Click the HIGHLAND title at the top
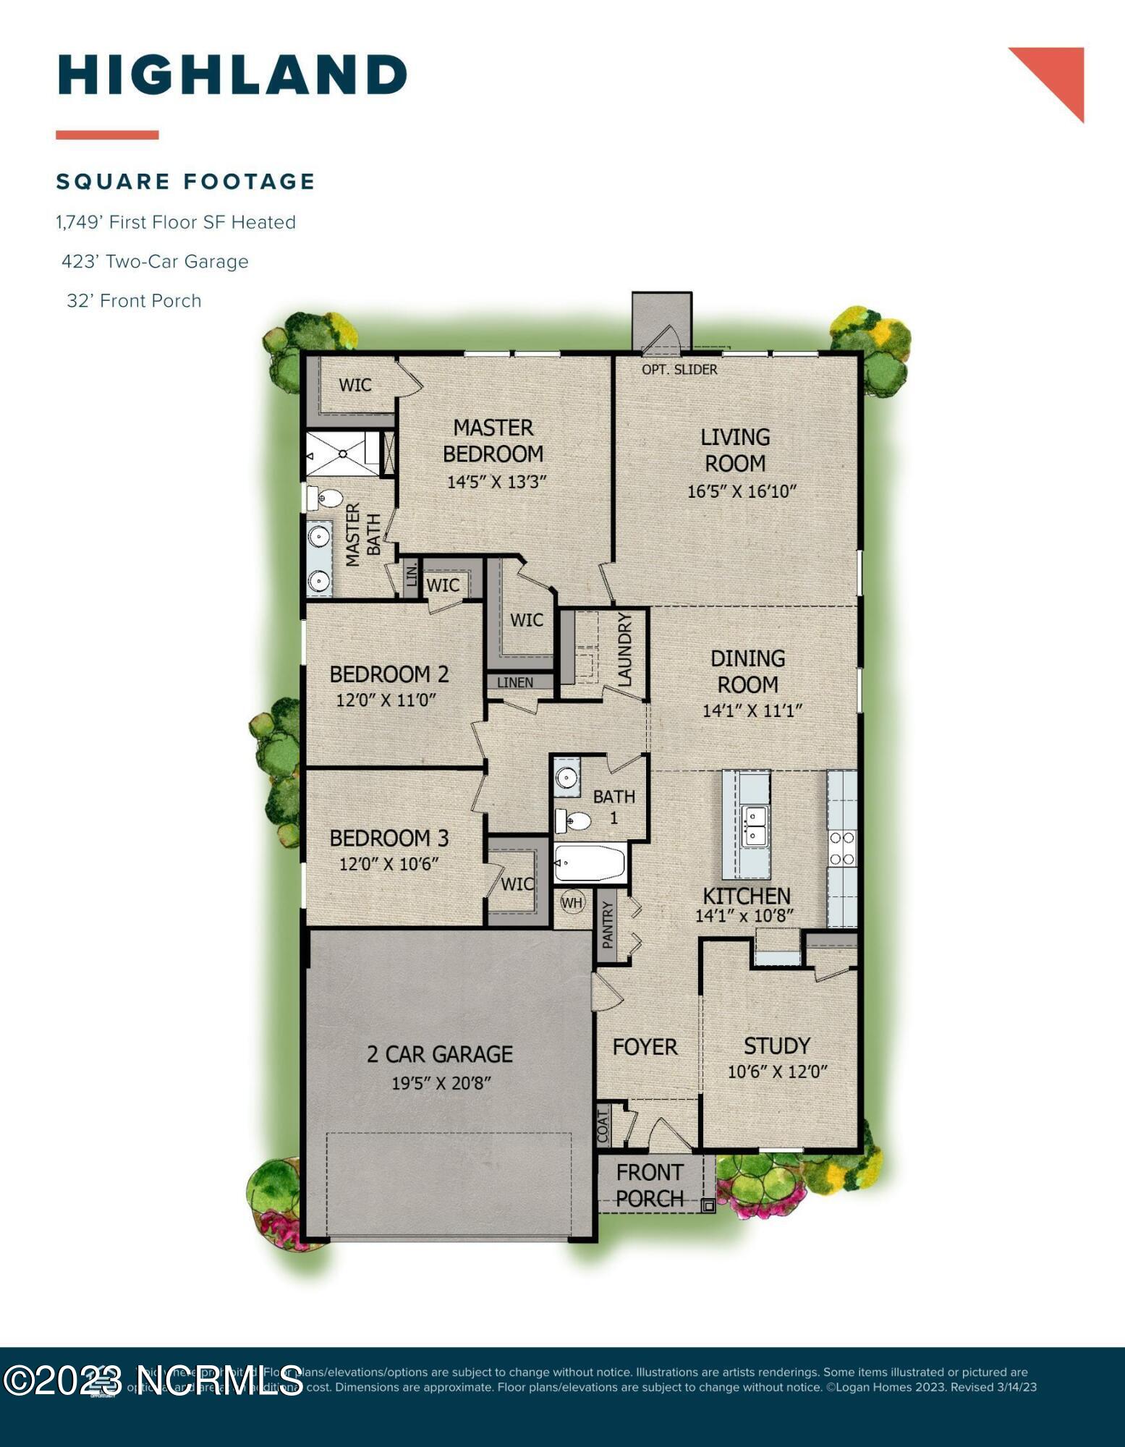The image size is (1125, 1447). pyautogui.click(x=232, y=75)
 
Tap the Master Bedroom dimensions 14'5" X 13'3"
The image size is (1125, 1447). pyautogui.click(x=496, y=482)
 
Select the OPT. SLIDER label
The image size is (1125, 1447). pyautogui.click(x=679, y=370)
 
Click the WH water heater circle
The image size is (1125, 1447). pyautogui.click(x=572, y=902)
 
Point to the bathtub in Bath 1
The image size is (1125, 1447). pyautogui.click(x=590, y=863)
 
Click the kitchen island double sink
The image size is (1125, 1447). pyautogui.click(x=753, y=826)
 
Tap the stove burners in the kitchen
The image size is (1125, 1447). pyautogui.click(x=842, y=848)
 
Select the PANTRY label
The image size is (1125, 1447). pyautogui.click(x=608, y=925)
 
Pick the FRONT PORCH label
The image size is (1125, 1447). pyautogui.click(x=650, y=1185)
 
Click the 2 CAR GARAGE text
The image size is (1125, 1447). pyautogui.click(x=440, y=1054)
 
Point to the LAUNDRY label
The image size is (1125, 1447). pyautogui.click(x=625, y=649)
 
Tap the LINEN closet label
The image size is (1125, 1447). pyautogui.click(x=515, y=682)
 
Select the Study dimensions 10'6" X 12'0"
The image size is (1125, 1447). pyautogui.click(x=777, y=1072)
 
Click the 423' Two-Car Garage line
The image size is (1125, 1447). pyautogui.click(x=155, y=261)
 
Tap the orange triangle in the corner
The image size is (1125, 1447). pyautogui.click(x=1059, y=74)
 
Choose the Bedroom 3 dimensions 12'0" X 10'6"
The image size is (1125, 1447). pyautogui.click(x=389, y=864)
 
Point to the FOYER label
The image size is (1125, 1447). pyautogui.click(x=645, y=1047)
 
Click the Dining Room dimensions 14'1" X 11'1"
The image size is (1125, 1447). pyautogui.click(x=752, y=710)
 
